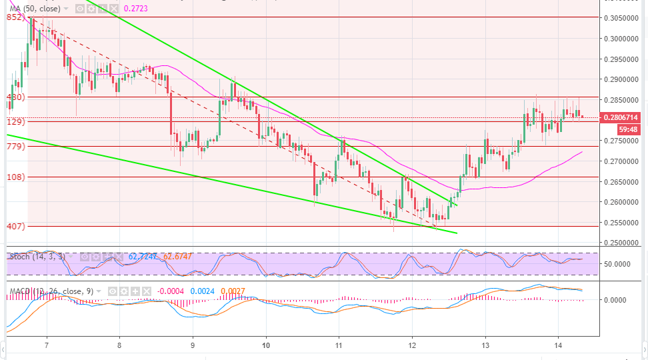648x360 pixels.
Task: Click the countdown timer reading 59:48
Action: click(627, 129)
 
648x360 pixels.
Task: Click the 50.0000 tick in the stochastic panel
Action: click(621, 264)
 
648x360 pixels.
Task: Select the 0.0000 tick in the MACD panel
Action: click(621, 300)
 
